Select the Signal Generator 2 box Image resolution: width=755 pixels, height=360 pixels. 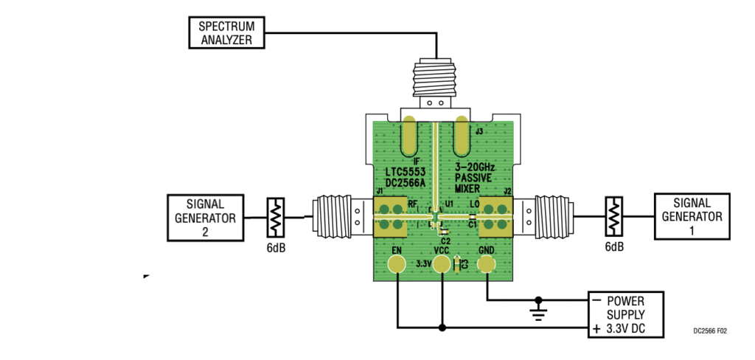pyautogui.click(x=205, y=218)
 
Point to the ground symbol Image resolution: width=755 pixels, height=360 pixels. pyautogui.click(x=539, y=311)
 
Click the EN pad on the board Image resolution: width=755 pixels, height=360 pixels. pyautogui.click(x=397, y=266)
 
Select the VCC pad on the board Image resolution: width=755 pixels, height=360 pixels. pyautogui.click(x=442, y=266)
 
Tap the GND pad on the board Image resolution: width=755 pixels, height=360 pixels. pyautogui.click(x=487, y=266)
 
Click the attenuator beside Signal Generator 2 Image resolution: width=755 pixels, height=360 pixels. pyautogui.click(x=275, y=218)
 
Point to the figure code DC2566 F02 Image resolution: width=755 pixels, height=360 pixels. pyautogui.click(x=709, y=331)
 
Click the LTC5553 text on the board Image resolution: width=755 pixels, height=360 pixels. pyautogui.click(x=401, y=172)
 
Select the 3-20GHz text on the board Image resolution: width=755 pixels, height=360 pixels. pyautogui.click(x=479, y=167)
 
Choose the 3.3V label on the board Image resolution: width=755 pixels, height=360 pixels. pyautogui.click(x=423, y=263)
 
